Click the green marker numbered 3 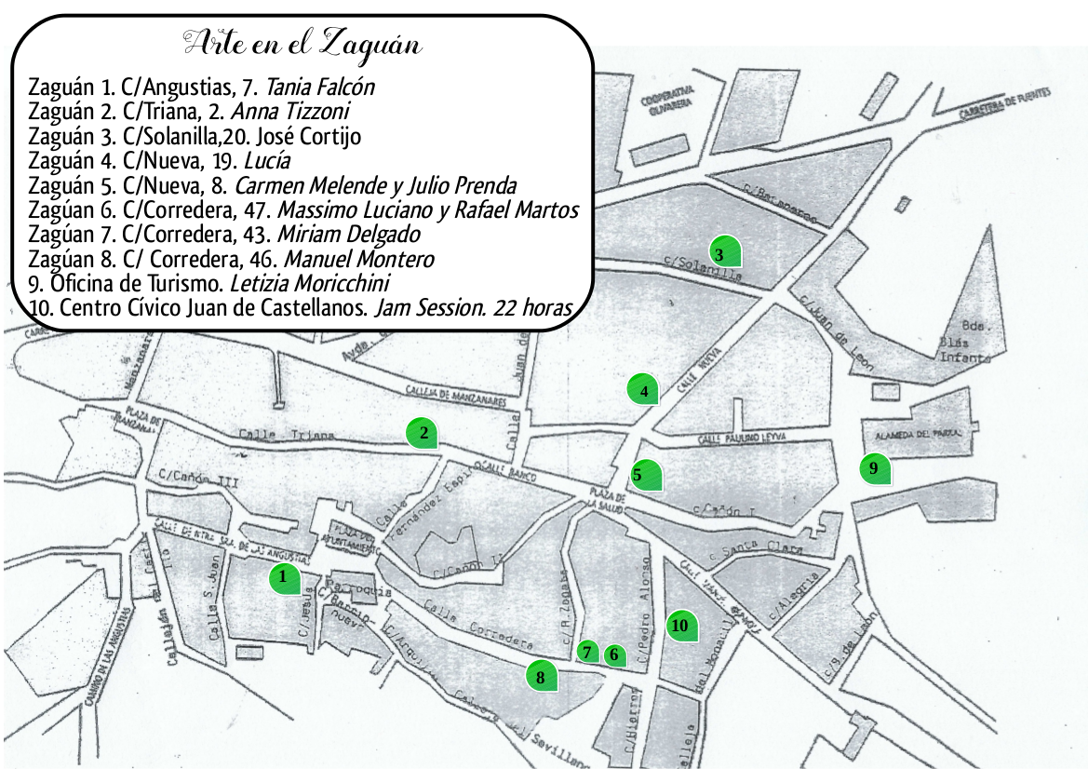click(x=724, y=252)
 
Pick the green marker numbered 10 click(x=682, y=626)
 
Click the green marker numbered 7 click(x=588, y=652)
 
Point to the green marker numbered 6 click(x=614, y=654)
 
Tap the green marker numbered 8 click(x=542, y=677)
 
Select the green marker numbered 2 click(x=423, y=433)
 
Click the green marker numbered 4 click(x=643, y=390)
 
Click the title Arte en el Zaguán click(x=303, y=43)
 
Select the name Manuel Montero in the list click(x=358, y=259)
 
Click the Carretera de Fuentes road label click(x=1005, y=102)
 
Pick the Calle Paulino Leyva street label click(x=742, y=438)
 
